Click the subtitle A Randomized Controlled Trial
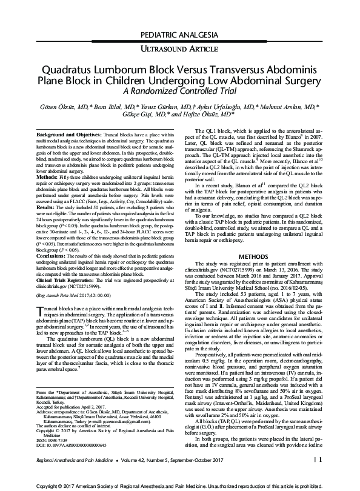coord(179,91)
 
